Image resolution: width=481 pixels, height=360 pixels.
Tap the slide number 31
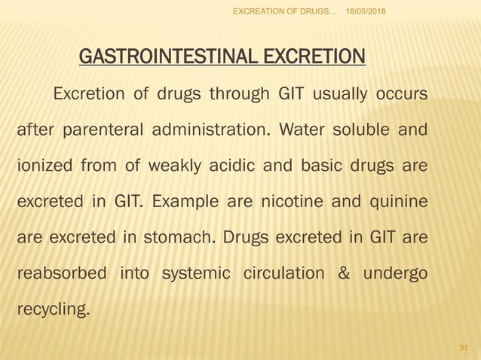(x=464, y=346)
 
